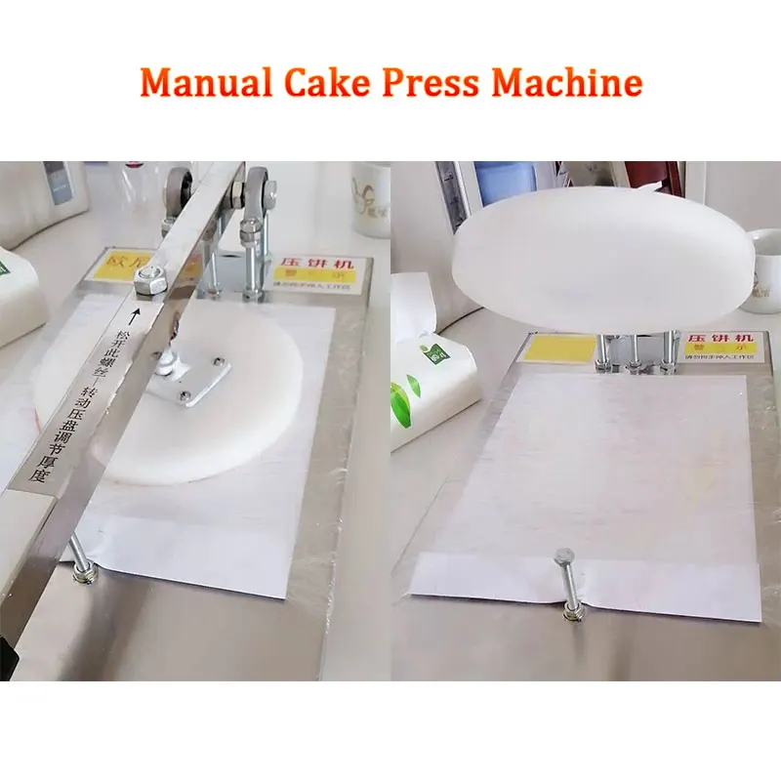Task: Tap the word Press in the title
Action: click(432, 82)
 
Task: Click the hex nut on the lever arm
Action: click(148, 284)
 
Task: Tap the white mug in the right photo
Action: click(761, 269)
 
